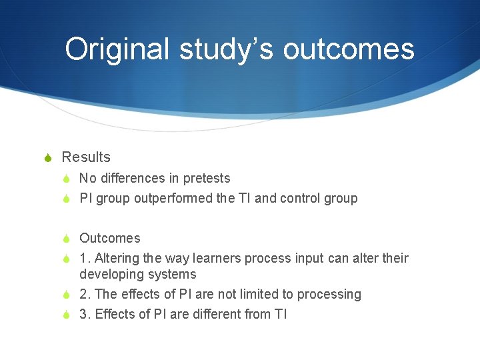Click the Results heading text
click(86, 157)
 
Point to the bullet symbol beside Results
click(47, 158)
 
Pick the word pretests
click(207, 178)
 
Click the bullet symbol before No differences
click(66, 179)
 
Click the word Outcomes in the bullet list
click(110, 238)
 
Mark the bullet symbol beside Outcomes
click(66, 239)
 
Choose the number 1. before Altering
click(85, 258)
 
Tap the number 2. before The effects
click(85, 294)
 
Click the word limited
click(257, 294)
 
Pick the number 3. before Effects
click(85, 314)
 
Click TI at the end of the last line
click(281, 314)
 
